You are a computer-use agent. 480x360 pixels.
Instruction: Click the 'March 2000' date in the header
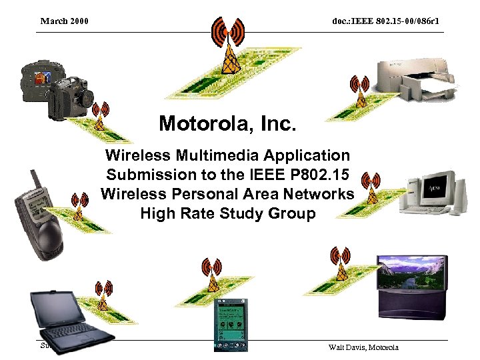65,21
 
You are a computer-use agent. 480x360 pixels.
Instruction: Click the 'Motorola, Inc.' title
227,123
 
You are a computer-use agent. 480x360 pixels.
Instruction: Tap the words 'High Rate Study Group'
227,214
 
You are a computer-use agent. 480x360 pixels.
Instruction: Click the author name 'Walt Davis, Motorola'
363,347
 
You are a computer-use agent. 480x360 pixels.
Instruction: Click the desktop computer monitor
433,187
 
